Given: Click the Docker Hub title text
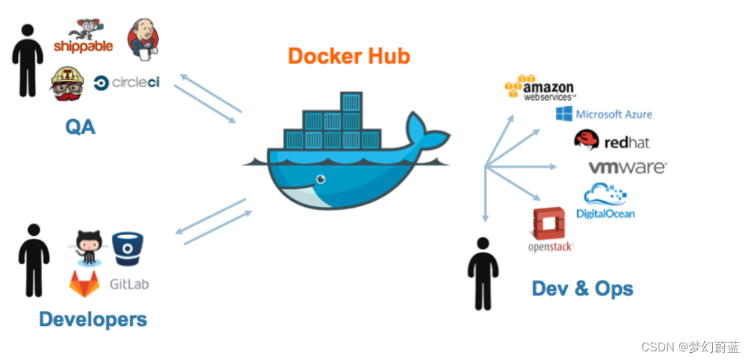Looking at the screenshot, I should (348, 56).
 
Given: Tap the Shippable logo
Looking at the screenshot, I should (84, 38).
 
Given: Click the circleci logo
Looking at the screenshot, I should (126, 82).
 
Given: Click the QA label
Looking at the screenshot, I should (80, 127).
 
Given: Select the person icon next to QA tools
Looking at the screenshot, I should (27, 60).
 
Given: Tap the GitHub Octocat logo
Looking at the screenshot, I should (89, 248).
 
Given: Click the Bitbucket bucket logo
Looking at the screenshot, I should (127, 247).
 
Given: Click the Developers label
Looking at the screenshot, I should (92, 319).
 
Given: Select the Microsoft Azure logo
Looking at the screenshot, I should (604, 114).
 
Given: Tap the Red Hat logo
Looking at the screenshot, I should (611, 141).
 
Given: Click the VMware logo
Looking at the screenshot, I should (627, 167).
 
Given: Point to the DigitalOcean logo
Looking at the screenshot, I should (605, 201).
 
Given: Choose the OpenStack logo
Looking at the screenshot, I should (550, 229).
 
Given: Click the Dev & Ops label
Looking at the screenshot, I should (582, 289).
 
